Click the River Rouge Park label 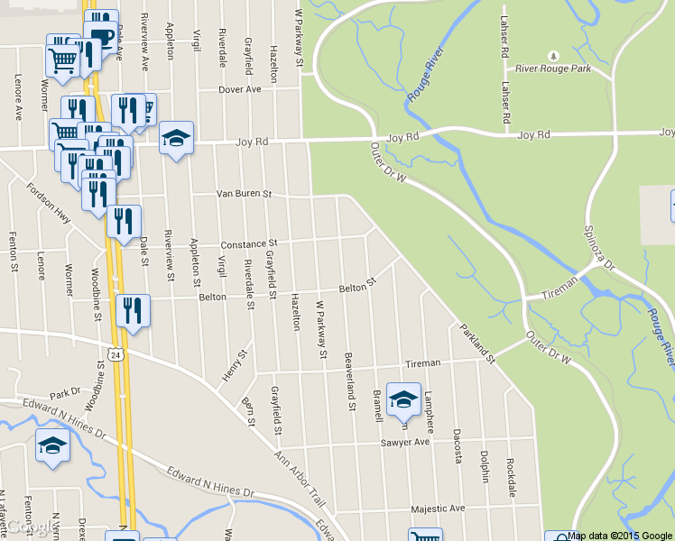(563, 68)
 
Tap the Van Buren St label (244, 194)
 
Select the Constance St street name (248, 244)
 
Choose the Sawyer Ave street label (405, 443)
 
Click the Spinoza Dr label (596, 248)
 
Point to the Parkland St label (477, 344)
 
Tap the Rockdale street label (511, 476)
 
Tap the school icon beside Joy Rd (176, 138)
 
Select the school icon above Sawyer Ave (403, 399)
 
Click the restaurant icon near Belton (133, 311)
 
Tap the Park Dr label (65, 394)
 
